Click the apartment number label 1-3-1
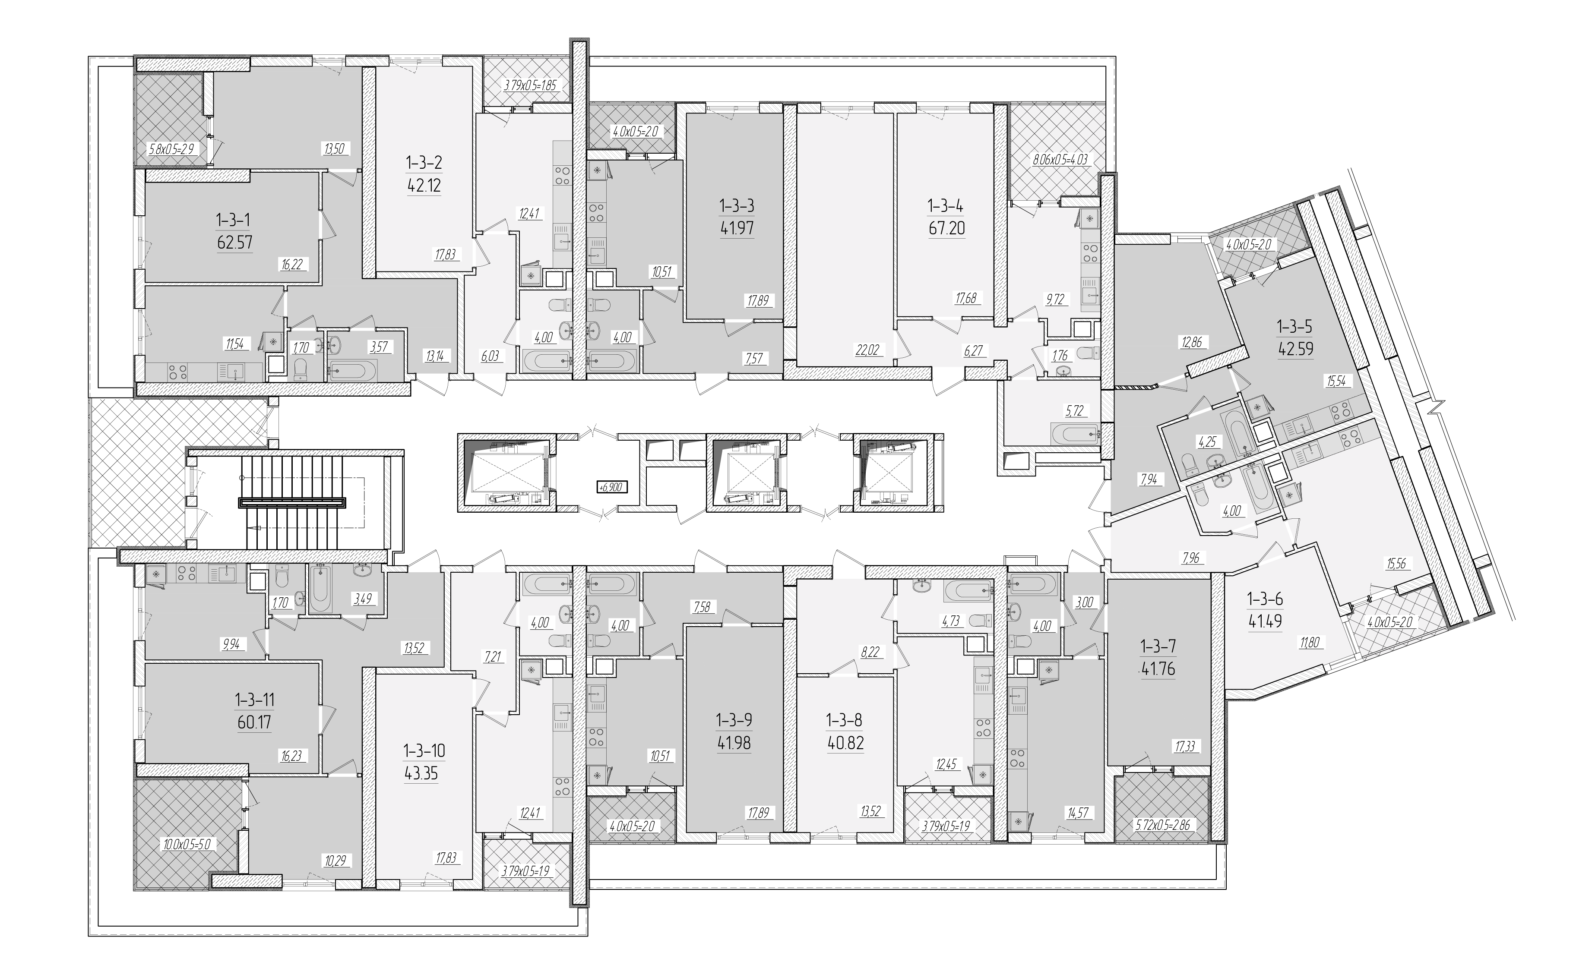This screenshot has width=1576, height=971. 233,220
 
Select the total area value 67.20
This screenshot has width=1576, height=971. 946,228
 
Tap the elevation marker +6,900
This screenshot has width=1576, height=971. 612,487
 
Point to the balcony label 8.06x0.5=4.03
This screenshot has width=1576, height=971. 1060,159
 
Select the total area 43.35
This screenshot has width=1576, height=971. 421,773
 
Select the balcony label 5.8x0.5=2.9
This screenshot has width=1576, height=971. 171,149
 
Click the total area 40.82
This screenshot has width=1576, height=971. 845,743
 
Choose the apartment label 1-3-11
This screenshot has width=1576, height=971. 254,699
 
